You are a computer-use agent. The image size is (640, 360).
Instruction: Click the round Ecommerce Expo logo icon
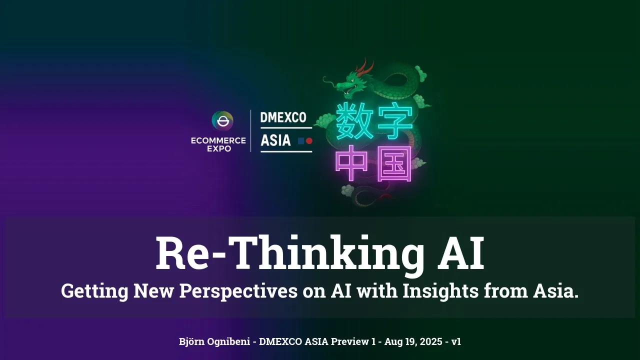(x=222, y=121)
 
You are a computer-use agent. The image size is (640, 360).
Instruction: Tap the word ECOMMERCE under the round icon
(x=218, y=140)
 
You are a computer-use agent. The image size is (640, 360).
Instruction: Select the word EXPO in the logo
(x=219, y=148)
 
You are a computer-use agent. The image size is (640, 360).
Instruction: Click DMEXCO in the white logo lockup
(x=283, y=118)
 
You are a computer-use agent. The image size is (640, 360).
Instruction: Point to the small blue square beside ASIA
(x=301, y=141)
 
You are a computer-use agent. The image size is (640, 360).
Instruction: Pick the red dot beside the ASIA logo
(x=309, y=141)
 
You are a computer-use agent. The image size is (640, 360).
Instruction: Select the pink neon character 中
(x=353, y=163)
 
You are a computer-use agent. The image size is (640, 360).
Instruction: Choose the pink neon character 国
(x=394, y=163)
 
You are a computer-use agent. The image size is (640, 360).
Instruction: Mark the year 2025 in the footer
(x=429, y=342)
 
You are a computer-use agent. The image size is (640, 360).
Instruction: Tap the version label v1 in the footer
(x=456, y=342)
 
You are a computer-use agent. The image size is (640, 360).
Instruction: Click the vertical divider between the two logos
(x=251, y=130)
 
